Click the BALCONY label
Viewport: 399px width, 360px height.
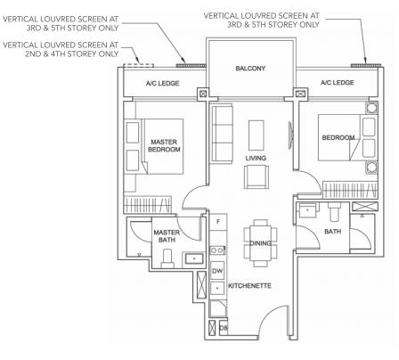(250, 69)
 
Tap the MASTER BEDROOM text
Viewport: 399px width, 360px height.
(164, 145)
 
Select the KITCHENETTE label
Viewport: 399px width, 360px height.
(249, 286)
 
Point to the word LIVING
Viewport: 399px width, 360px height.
(256, 158)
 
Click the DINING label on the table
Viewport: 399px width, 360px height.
(260, 243)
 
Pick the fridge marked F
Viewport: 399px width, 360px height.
(218, 222)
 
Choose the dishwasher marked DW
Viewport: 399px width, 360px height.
(217, 271)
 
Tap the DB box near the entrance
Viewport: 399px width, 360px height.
(224, 328)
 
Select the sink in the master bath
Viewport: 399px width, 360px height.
(194, 258)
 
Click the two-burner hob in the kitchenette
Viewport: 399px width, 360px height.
(217, 250)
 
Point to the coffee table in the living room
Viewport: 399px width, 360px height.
(256, 135)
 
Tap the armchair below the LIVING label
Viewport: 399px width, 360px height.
(256, 176)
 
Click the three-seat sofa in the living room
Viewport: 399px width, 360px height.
(221, 134)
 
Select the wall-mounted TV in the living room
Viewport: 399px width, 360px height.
(291, 135)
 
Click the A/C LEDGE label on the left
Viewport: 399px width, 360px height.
(163, 83)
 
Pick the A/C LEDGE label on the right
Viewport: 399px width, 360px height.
(338, 82)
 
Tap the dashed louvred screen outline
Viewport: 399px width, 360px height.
(139, 65)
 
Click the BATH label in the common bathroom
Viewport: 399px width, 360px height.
(333, 232)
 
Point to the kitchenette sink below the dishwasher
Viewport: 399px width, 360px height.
(217, 289)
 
